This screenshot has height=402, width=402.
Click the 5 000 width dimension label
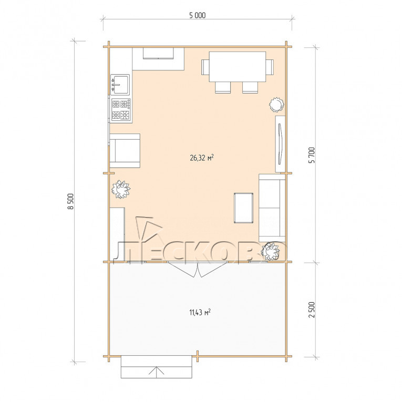pos(198,15)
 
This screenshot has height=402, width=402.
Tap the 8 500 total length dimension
pos(70,201)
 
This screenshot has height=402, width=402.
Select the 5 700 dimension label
pos(312,156)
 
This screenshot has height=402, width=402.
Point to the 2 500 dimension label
pos(312,310)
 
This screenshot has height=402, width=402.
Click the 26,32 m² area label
pos(202,158)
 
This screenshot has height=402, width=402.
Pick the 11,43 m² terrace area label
pos(200,312)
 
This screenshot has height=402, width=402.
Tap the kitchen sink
pos(120,85)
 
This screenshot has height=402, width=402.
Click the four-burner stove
pos(121,109)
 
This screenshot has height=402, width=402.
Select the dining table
pos(238,67)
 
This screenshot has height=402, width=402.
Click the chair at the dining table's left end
pos(205,67)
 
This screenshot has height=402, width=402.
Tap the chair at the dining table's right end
pos(270,67)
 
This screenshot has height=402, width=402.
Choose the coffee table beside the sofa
pos(243,208)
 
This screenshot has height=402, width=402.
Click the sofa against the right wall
pos(272,208)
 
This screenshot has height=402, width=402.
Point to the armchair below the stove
pos(125,151)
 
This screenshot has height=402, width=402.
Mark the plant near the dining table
pos(276,105)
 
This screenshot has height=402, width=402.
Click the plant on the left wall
pos(121,189)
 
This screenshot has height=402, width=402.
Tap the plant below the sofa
pos(270,251)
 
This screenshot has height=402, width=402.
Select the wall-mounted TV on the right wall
pos(280,143)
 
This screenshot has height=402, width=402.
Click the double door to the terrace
pos(198,269)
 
